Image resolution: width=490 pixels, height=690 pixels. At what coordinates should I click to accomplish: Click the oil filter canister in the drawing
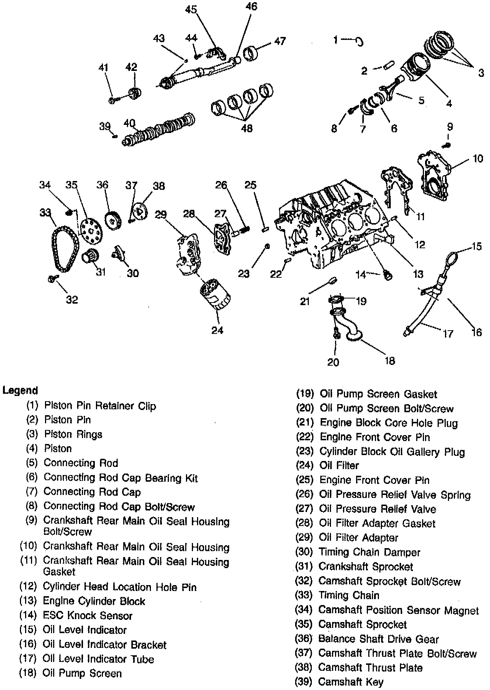(x=215, y=296)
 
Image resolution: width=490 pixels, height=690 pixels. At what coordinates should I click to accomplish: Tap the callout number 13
(x=418, y=274)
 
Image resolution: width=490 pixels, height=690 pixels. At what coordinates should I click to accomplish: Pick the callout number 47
(x=280, y=41)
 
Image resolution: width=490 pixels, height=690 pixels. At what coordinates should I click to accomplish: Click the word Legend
(x=20, y=390)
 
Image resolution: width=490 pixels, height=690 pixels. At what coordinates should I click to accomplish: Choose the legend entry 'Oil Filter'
(x=339, y=465)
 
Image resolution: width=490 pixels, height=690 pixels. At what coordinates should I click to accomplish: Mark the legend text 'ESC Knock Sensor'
(x=87, y=616)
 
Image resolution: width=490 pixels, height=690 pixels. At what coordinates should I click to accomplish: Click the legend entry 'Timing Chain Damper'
(x=369, y=553)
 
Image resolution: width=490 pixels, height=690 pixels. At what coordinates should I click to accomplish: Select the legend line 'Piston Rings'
(x=73, y=434)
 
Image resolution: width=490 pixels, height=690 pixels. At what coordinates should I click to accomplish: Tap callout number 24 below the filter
(x=217, y=330)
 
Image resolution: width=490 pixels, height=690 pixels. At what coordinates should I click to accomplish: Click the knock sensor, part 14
(x=387, y=274)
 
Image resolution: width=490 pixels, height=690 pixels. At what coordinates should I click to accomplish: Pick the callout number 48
(x=246, y=128)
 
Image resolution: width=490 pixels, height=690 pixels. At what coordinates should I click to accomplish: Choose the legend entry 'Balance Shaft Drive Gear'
(x=379, y=639)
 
